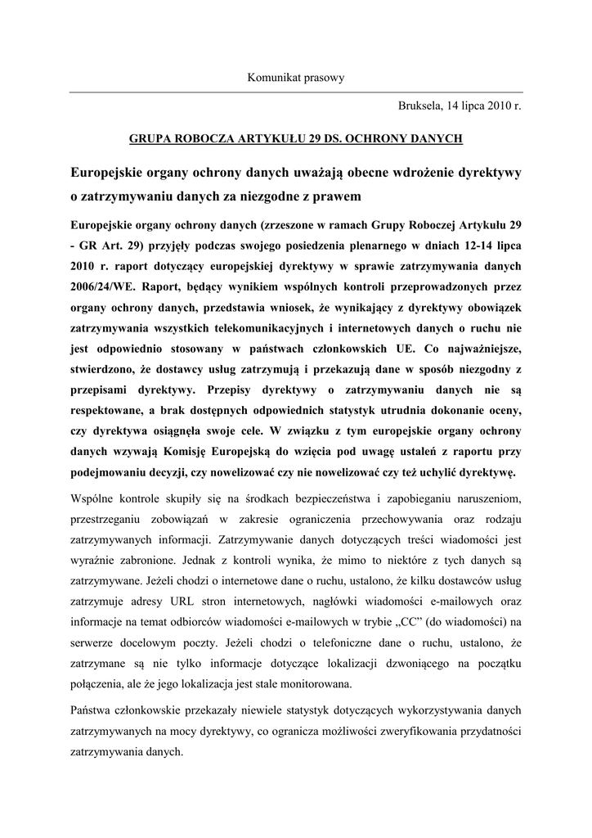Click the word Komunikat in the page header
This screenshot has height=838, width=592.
pos(272,78)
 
